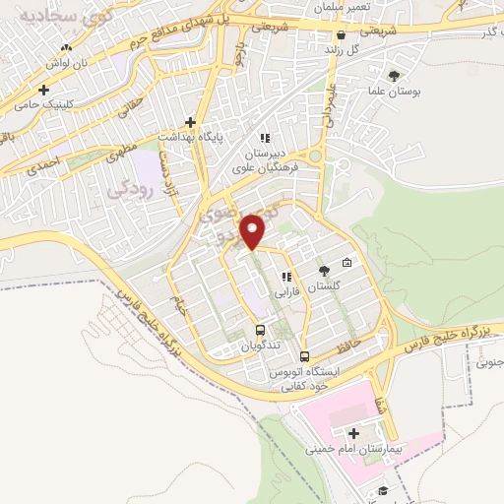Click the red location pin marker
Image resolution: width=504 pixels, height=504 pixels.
(255, 232)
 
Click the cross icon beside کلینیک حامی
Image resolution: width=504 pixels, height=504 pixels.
(43, 91)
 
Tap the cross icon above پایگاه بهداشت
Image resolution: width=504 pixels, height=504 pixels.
(190, 123)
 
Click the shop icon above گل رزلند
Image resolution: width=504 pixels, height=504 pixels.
(341, 34)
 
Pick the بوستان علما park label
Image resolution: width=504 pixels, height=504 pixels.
(401, 91)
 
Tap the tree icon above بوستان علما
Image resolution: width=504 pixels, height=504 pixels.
(395, 76)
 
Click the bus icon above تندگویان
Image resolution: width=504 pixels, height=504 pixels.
(260, 331)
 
